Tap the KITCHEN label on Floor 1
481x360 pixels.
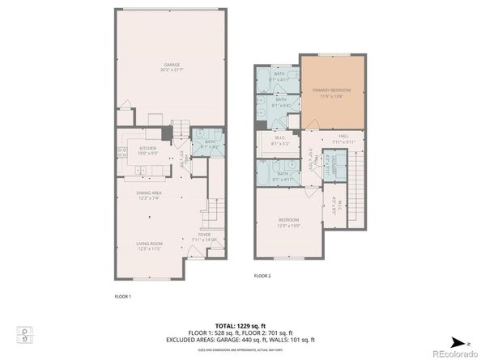pos(147,148)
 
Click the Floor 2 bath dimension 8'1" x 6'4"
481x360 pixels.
pos(281,104)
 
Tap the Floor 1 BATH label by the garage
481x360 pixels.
pos(210,142)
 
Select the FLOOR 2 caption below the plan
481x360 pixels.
pos(262,276)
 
